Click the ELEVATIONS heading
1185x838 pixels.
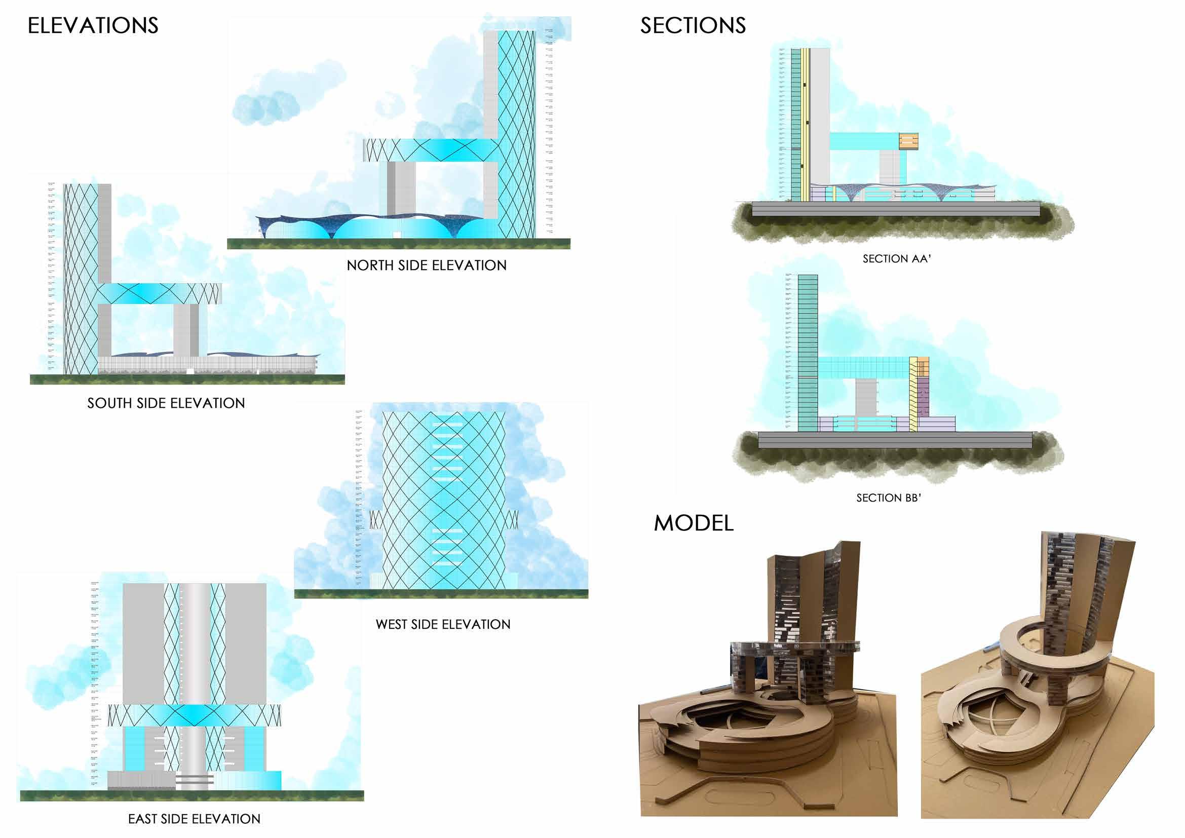(93, 26)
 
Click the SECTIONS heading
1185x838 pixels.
(693, 26)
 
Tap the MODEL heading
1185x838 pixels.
(693, 523)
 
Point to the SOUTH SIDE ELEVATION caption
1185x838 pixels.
(166, 403)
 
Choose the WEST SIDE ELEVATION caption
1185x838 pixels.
(443, 624)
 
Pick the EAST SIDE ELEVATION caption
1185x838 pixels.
(194, 819)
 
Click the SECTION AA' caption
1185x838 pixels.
(897, 258)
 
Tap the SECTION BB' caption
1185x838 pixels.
(889, 498)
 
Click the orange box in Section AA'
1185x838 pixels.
(908, 141)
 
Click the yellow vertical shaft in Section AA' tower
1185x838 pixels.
(805, 124)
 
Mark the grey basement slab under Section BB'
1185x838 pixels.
(894, 440)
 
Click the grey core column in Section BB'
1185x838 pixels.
(865, 397)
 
